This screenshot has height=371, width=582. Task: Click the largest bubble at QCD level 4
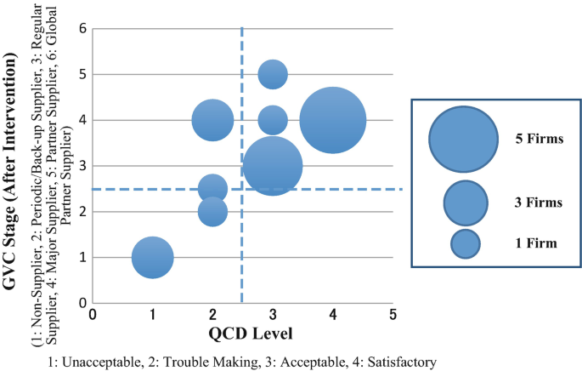(x=332, y=121)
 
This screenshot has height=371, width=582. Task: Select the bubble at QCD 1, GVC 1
(x=153, y=257)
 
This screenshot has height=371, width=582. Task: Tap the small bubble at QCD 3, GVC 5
(x=272, y=75)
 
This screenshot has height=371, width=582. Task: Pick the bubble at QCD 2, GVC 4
(x=212, y=120)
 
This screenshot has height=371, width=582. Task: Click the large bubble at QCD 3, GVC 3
(x=272, y=166)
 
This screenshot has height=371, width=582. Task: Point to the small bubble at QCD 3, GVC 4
(x=272, y=120)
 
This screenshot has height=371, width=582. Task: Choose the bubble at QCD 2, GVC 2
(x=212, y=211)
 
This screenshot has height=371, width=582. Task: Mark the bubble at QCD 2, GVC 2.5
(x=212, y=189)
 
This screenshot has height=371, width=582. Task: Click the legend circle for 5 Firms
(x=463, y=139)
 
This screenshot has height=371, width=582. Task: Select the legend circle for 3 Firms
(x=466, y=203)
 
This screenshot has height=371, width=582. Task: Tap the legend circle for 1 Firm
(x=466, y=244)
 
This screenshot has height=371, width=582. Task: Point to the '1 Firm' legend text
(x=535, y=244)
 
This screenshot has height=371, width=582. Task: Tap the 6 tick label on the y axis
(x=83, y=29)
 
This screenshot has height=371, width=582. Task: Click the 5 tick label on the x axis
(x=392, y=313)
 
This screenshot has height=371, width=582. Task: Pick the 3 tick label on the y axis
(x=83, y=166)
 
